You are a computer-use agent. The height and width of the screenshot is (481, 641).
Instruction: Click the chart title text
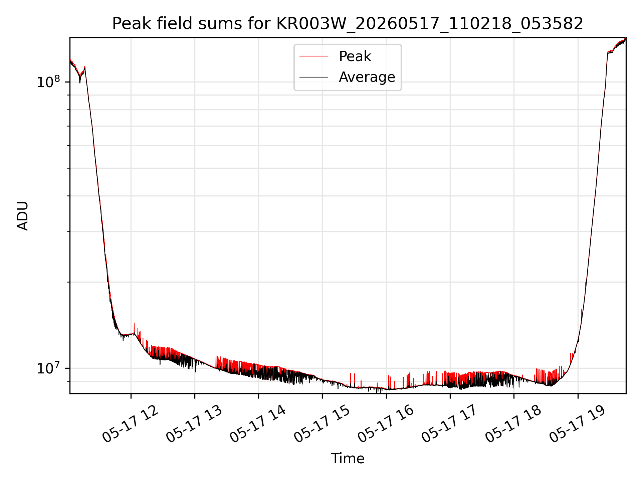pos(348,24)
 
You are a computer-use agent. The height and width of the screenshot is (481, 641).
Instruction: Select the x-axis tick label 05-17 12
pos(131,424)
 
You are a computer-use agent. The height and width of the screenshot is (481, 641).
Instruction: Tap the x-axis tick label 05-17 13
pos(194,424)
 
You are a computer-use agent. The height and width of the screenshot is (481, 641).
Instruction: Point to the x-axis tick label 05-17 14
pos(258,424)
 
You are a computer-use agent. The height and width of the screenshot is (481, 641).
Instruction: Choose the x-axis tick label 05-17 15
pos(322,424)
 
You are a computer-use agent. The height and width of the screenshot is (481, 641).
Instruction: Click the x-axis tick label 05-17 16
pos(386,424)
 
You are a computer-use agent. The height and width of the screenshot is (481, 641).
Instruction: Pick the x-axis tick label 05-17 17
pos(450,424)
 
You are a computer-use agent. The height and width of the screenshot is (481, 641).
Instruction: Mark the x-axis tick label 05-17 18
pos(513,424)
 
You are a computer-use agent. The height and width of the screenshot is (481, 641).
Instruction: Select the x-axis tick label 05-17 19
pos(578,424)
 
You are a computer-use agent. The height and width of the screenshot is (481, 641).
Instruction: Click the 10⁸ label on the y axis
pos(48,82)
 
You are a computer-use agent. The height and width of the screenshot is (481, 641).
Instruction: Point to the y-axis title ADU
pos(23,216)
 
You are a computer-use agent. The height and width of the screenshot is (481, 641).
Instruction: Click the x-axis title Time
pos(348,458)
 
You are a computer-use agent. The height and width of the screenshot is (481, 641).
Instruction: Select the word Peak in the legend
pos(355,56)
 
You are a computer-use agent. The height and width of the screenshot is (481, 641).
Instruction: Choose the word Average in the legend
pos(367,77)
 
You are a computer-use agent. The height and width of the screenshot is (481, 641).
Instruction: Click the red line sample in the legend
pos(313,56)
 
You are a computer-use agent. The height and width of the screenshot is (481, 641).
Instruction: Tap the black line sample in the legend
pos(313,77)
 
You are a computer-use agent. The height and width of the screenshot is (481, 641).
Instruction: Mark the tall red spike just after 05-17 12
pos(134,328)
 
